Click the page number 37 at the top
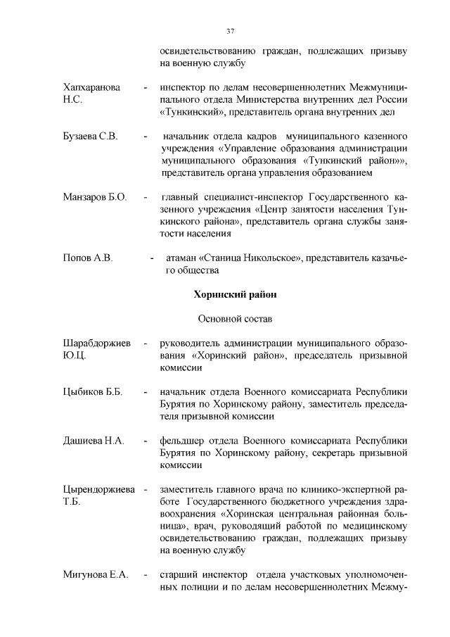tap(229, 31)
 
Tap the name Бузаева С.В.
tap(90, 135)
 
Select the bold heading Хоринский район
tap(230, 294)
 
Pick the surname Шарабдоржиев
tap(96, 343)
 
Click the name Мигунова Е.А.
tap(95, 575)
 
